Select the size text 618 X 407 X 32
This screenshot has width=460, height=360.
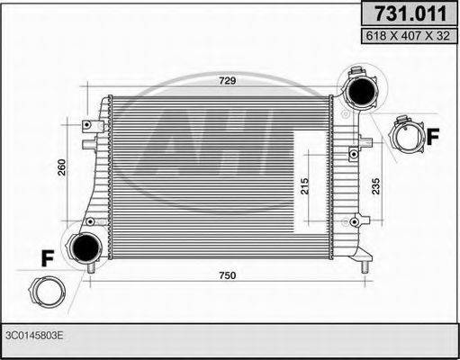(407, 36)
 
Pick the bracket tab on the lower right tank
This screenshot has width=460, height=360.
(357, 219)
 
